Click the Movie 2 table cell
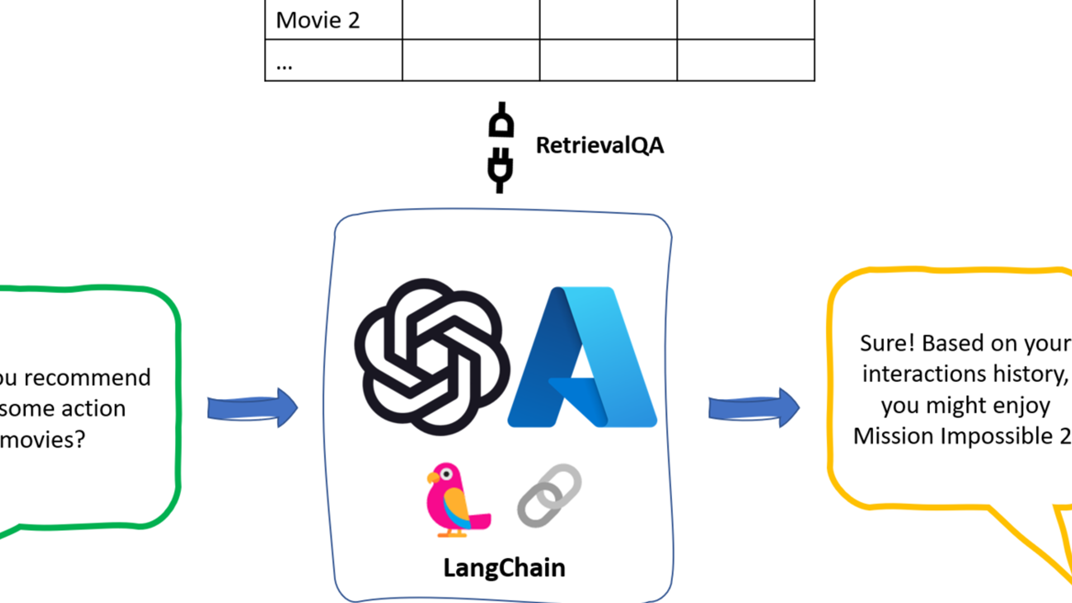point(333,20)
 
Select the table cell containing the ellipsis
point(333,60)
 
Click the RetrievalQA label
point(600,145)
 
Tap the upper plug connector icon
point(501,120)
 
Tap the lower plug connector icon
point(500,170)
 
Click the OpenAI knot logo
point(432,357)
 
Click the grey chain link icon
point(549,495)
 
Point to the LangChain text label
point(504,568)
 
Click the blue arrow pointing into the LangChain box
point(252,408)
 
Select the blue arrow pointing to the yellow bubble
point(754,408)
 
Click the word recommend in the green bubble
point(87,378)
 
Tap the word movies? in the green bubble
point(42,440)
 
